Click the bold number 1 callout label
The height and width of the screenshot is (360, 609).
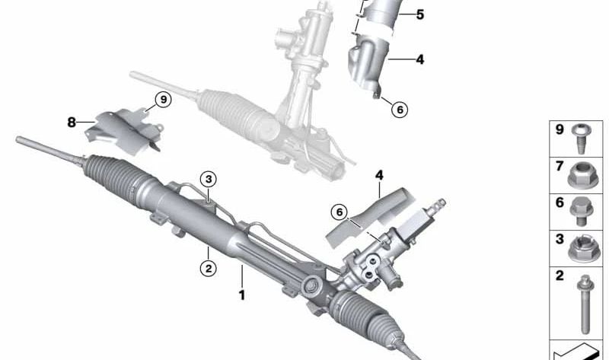pyautogui.click(x=241, y=295)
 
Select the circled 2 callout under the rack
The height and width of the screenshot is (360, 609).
pyautogui.click(x=208, y=268)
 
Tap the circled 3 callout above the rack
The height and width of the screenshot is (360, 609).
pyautogui.click(x=209, y=180)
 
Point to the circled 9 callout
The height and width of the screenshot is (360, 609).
pyautogui.click(x=163, y=100)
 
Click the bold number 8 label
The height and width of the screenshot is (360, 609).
pyautogui.click(x=71, y=123)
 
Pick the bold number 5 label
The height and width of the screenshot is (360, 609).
pyautogui.click(x=420, y=14)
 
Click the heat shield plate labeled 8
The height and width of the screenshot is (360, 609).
pyautogui.click(x=123, y=131)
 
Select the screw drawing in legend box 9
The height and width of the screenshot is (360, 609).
pyautogui.click(x=579, y=139)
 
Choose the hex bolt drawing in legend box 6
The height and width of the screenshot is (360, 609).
pyautogui.click(x=581, y=212)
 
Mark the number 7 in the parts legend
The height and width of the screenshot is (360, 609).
pyautogui.click(x=560, y=166)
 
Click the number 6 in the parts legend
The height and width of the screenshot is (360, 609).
pyautogui.click(x=560, y=202)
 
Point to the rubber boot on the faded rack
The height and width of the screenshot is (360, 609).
pyautogui.click(x=237, y=114)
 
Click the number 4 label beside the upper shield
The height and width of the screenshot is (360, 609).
pyautogui.click(x=420, y=59)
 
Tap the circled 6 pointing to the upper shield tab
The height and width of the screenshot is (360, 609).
pyautogui.click(x=400, y=110)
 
